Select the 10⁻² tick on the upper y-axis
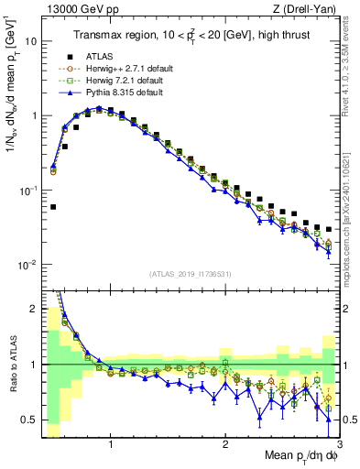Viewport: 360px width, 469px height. tap(27, 265)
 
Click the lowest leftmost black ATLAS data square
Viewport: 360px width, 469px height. tap(53, 207)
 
